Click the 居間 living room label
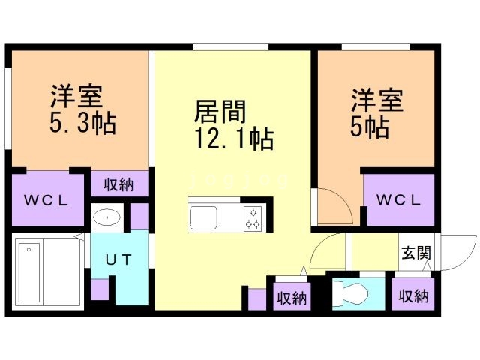pyautogui.click(x=220, y=112)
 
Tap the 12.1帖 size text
pyautogui.click(x=234, y=139)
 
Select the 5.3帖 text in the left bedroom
pyautogui.click(x=82, y=123)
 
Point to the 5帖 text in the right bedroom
pyautogui.click(x=370, y=127)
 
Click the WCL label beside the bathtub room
pyautogui.click(x=46, y=201)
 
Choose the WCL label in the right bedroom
pyautogui.click(x=398, y=200)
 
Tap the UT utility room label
pyautogui.click(x=118, y=260)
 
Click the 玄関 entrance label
pyautogui.click(x=416, y=253)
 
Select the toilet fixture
pyautogui.click(x=350, y=293)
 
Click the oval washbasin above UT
pyautogui.click(x=106, y=217)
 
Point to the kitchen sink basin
pyautogui.click(x=203, y=218)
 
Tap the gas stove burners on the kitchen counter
pyautogui.click(x=253, y=218)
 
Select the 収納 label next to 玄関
pyautogui.click(x=413, y=296)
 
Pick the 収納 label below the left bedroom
pyautogui.click(x=118, y=185)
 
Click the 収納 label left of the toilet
pyautogui.click(x=292, y=298)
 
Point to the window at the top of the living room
pyautogui.click(x=230, y=47)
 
